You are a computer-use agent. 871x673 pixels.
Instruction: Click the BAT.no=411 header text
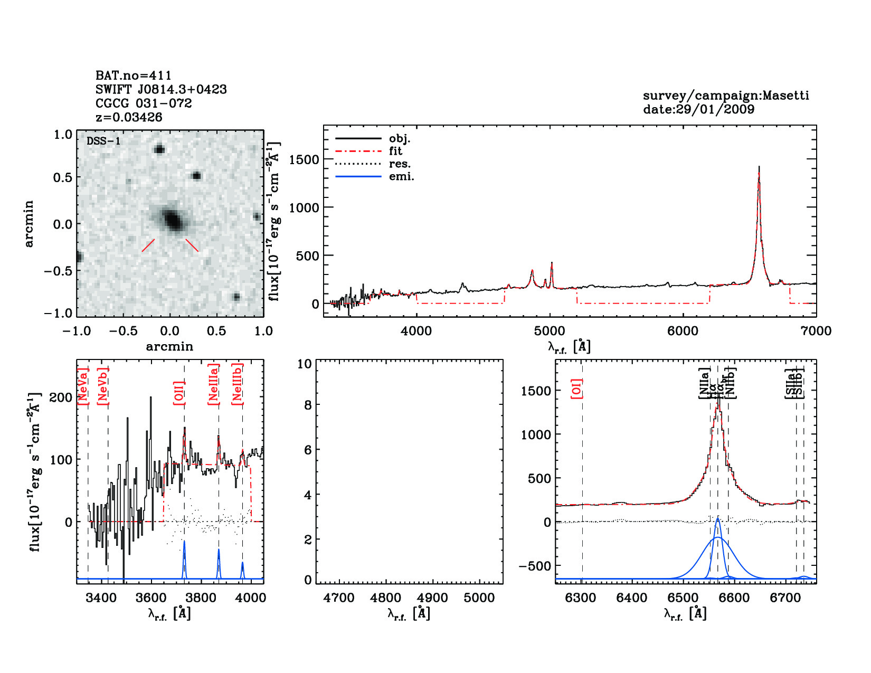click(x=133, y=75)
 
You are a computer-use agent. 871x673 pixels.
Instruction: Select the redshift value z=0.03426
click(x=129, y=117)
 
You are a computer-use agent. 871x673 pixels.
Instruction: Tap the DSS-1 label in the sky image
click(x=103, y=141)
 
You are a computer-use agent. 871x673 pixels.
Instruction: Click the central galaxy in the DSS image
click(x=172, y=219)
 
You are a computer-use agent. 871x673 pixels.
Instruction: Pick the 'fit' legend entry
click(x=395, y=151)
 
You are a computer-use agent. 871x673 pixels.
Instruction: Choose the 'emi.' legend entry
click(x=401, y=176)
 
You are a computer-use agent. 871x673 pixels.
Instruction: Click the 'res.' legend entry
click(x=400, y=164)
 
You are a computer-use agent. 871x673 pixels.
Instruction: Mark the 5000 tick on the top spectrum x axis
click(x=550, y=331)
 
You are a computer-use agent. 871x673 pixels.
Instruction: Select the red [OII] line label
click(x=178, y=393)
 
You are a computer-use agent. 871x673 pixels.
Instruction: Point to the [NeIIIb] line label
click(x=237, y=384)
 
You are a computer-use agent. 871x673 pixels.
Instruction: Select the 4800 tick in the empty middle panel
click(x=386, y=598)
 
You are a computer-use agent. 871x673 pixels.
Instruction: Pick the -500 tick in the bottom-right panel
click(x=535, y=566)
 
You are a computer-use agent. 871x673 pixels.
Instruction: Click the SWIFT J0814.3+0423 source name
click(x=161, y=89)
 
